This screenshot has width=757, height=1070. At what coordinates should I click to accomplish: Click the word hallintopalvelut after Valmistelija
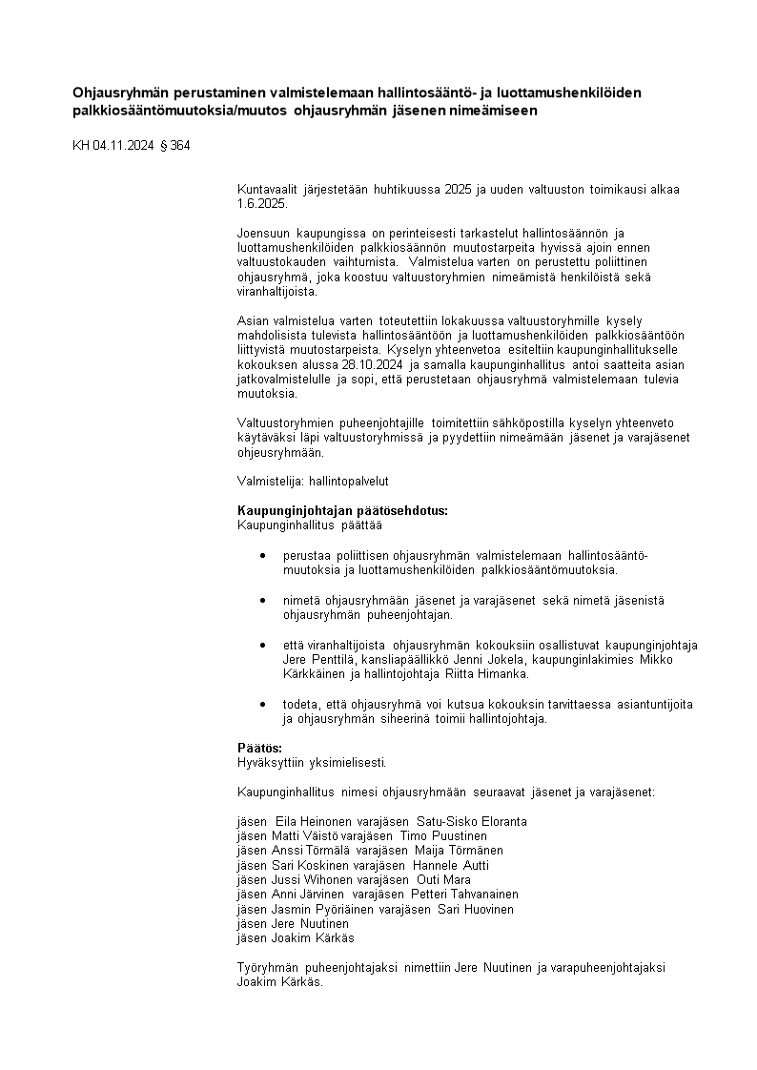pyautogui.click(x=349, y=482)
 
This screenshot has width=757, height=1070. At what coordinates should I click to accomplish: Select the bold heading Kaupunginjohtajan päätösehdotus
pyautogui.click(x=342, y=510)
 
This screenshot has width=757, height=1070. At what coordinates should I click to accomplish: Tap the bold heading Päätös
pyautogui.click(x=260, y=748)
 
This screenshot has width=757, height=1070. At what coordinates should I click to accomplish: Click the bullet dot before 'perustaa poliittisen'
pyautogui.click(x=262, y=555)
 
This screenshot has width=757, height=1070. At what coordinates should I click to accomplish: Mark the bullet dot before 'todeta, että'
pyautogui.click(x=262, y=704)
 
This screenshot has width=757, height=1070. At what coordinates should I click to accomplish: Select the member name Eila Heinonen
pyautogui.click(x=300, y=821)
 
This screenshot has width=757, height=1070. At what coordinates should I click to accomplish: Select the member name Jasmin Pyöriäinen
pyautogui.click(x=318, y=909)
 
